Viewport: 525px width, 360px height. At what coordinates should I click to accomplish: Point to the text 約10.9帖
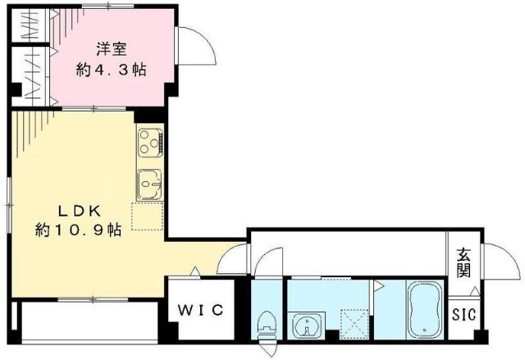coord(79,230)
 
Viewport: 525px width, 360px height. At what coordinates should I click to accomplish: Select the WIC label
coord(201,310)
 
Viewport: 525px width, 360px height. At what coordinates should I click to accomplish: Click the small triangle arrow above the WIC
coord(194,271)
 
